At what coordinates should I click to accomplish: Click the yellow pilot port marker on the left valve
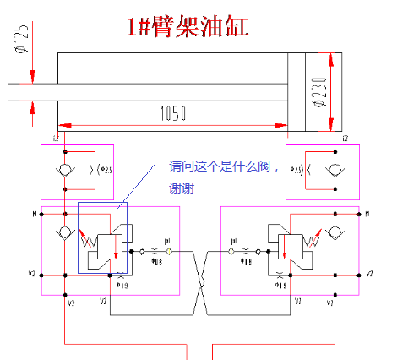click(170, 251)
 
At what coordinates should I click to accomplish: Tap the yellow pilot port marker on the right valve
click(231, 251)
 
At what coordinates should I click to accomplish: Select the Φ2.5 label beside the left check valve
click(106, 169)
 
